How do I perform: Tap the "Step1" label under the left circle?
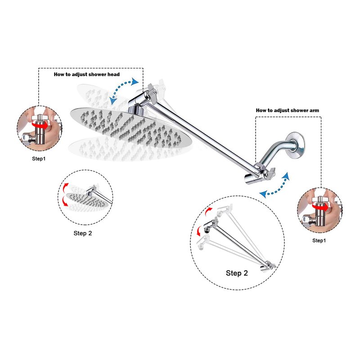click(x=39, y=159)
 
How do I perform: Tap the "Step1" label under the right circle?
click(x=319, y=240)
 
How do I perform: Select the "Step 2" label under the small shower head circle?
click(x=83, y=233)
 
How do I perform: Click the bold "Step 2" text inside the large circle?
click(x=237, y=273)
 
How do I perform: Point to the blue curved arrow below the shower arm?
click(x=275, y=186)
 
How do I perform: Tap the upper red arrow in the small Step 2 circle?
click(x=65, y=187)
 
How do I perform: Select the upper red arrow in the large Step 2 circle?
click(x=207, y=211)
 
